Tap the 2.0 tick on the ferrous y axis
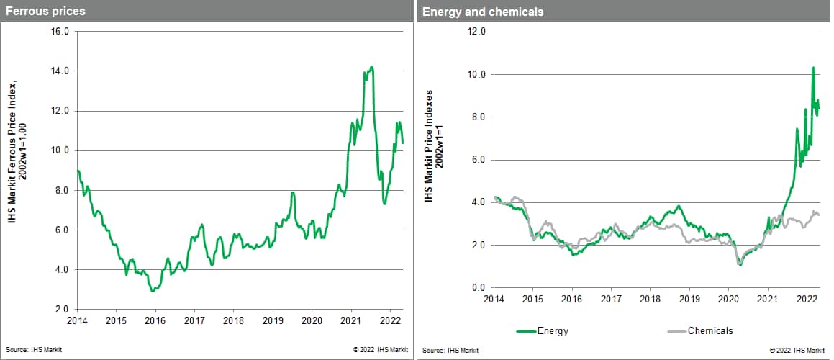(x=61, y=310)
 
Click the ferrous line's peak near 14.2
(x=371, y=67)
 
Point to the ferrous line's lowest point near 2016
(x=152, y=291)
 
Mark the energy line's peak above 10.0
(x=812, y=67)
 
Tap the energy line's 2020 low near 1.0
(x=740, y=266)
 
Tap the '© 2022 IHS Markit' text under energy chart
(x=797, y=349)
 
